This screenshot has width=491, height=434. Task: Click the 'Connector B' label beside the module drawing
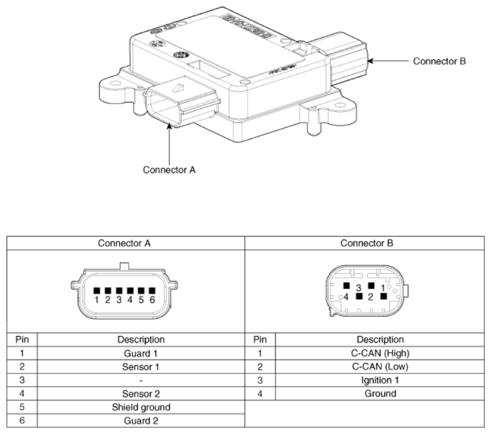pyautogui.click(x=440, y=61)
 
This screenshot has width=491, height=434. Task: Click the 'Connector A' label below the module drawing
pyautogui.click(x=169, y=169)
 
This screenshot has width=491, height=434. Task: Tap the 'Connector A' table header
pyautogui.click(x=126, y=243)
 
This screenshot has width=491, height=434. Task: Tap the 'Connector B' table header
pyautogui.click(x=365, y=243)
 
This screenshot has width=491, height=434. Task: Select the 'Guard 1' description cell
pyautogui.click(x=140, y=353)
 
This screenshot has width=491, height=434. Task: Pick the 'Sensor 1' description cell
pyautogui.click(x=140, y=366)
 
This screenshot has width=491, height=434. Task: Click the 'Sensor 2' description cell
pyautogui.click(x=140, y=393)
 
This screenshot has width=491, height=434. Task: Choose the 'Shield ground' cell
pyautogui.click(x=140, y=407)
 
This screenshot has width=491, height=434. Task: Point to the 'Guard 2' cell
pyautogui.click(x=140, y=420)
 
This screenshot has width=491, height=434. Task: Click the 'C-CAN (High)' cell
pyautogui.click(x=379, y=353)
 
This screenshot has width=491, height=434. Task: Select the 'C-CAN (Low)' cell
pyautogui.click(x=379, y=366)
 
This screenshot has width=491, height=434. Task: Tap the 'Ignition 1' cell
pyautogui.click(x=379, y=380)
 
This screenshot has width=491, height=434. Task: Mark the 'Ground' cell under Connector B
pyautogui.click(x=379, y=393)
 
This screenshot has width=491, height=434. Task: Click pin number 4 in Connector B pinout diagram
pyautogui.click(x=347, y=296)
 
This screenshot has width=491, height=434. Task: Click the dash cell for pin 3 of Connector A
pyautogui.click(x=140, y=380)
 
